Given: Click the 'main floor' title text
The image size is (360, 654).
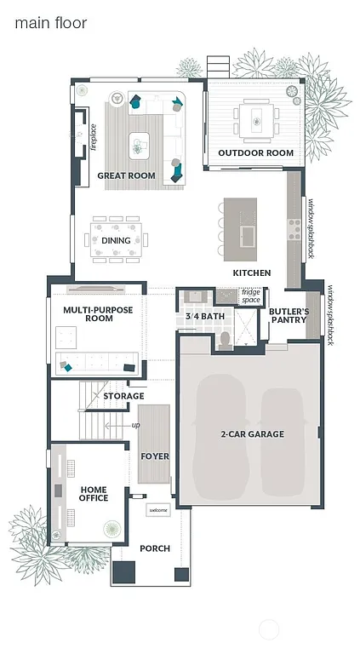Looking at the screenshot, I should click(50, 23).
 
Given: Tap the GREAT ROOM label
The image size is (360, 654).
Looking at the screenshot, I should click(126, 175).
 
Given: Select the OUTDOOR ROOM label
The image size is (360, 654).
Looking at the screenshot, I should click(255, 153).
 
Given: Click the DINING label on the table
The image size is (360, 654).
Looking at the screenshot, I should click(116, 240).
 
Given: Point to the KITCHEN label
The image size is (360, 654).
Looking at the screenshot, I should click(252, 273).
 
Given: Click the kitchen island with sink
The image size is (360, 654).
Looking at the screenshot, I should click(240, 225).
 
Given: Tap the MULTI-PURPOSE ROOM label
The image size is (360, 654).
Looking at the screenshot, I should click(99, 314).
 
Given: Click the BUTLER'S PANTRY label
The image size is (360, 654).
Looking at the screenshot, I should click(289, 317).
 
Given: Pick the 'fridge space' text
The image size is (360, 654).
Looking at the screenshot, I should click(251, 297).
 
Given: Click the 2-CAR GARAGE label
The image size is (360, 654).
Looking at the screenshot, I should click(252, 434).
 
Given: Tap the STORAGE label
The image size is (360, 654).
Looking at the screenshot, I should click(123, 396).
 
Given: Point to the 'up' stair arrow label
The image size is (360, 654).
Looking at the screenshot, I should click(135, 424).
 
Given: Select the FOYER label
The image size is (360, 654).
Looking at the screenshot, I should click(155, 456).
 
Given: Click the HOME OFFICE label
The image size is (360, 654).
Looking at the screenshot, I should click(94, 493).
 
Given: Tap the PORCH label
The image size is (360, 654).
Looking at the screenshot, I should click(155, 548).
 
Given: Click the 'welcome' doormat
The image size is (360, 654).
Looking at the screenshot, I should click(158, 510).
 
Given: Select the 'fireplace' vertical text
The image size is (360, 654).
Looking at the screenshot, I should click(93, 137).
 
